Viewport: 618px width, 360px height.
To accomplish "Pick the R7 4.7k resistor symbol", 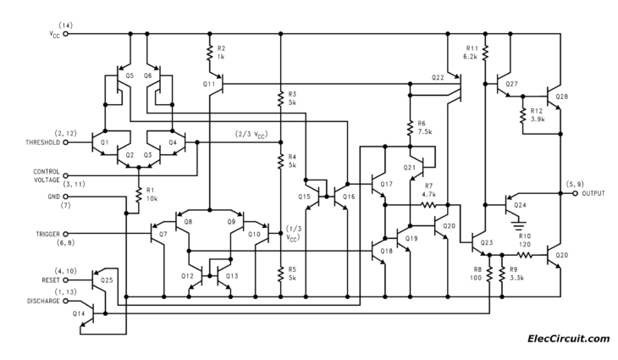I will [x=428, y=204].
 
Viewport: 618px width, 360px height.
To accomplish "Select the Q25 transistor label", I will [x=107, y=279].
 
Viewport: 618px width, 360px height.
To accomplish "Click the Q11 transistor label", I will [x=209, y=84].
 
